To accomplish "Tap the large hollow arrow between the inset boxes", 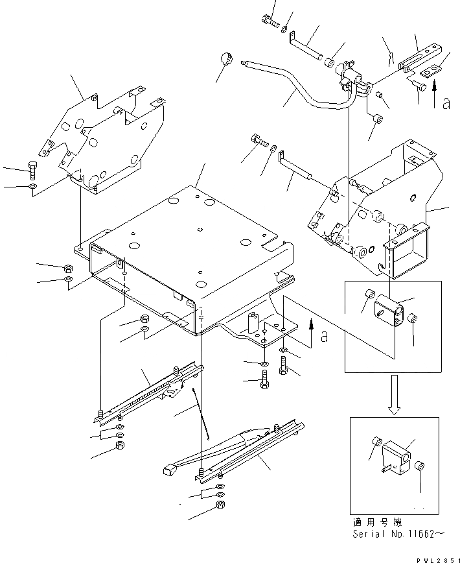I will point(395,396).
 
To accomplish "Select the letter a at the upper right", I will point(446,103).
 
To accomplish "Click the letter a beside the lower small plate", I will point(325,336).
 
